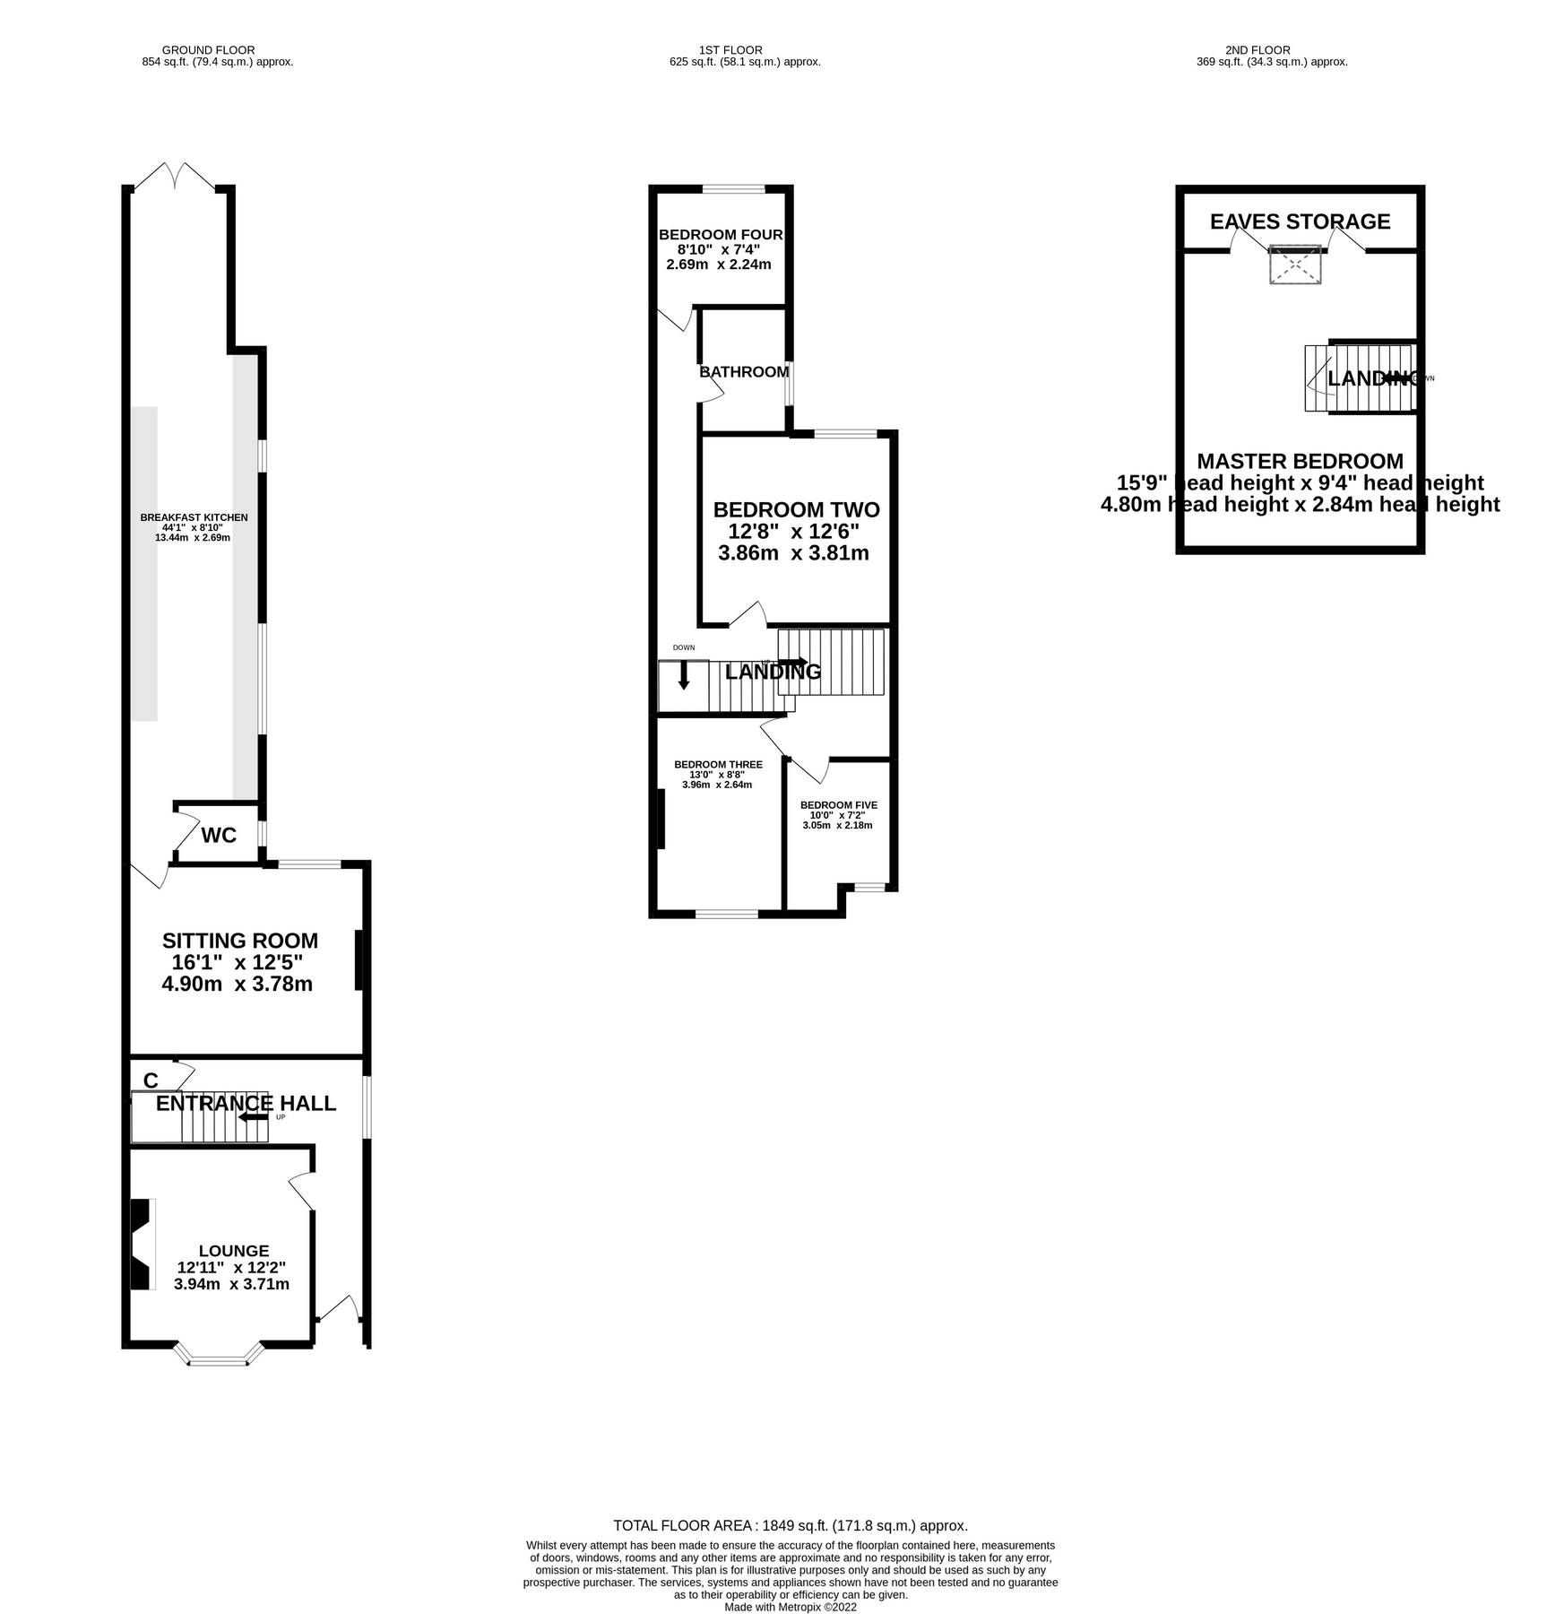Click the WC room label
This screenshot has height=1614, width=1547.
(x=219, y=836)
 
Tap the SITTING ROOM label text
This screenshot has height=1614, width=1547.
(x=239, y=941)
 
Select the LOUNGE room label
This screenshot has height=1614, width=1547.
(x=233, y=1250)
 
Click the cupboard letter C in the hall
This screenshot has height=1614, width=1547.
(x=151, y=1080)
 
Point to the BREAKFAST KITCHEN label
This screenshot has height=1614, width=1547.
(x=194, y=517)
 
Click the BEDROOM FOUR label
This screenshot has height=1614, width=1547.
(x=721, y=235)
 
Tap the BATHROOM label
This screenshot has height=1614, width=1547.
(x=744, y=371)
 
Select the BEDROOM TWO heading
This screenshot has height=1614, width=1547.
(x=796, y=509)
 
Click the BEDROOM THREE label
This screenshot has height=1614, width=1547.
(x=718, y=765)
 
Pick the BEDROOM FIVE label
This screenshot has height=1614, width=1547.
(x=838, y=805)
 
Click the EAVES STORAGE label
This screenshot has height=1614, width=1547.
(x=1300, y=221)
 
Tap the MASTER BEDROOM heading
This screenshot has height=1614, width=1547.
(x=1300, y=461)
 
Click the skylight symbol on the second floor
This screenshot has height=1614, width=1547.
(x=1295, y=265)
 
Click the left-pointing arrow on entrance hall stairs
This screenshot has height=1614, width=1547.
(x=253, y=1117)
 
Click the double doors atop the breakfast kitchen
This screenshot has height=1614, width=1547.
(x=174, y=176)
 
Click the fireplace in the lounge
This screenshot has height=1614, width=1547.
(x=141, y=1245)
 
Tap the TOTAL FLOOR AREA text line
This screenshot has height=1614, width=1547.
(x=790, y=1525)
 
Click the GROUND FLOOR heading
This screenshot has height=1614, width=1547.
(x=208, y=50)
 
